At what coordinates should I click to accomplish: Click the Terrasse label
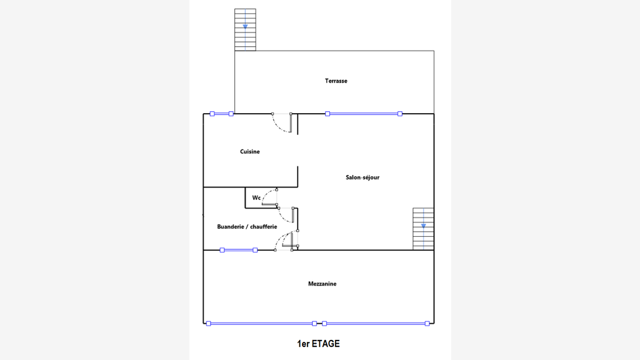[x=336, y=81]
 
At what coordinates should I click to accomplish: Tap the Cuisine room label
[x=250, y=151]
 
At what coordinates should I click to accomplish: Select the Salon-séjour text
[x=362, y=177]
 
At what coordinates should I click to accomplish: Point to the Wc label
[x=256, y=197]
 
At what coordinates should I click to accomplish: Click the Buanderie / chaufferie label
[x=247, y=226]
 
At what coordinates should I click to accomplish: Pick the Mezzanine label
[x=322, y=284]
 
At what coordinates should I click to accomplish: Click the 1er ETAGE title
[x=318, y=344]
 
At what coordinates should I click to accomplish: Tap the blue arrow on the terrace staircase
[x=245, y=26]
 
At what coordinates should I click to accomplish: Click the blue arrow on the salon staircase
[x=424, y=226]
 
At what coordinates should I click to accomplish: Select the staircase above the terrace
[x=245, y=30]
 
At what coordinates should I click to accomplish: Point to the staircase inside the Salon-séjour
[x=423, y=229]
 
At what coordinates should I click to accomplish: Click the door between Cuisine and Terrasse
[x=282, y=122]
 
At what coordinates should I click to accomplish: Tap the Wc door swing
[x=269, y=197]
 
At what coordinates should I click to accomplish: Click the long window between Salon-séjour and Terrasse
[x=364, y=114]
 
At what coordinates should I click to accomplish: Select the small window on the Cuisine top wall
[x=222, y=114]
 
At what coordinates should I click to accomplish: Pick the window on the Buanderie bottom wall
[x=239, y=250]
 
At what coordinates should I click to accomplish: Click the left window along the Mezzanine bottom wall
[x=261, y=324]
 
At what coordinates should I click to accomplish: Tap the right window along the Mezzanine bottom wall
[x=376, y=324]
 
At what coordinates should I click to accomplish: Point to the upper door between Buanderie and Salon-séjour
[x=286, y=215]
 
